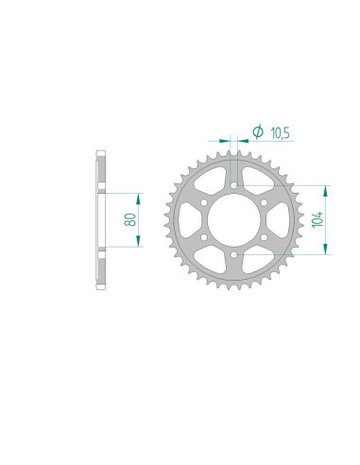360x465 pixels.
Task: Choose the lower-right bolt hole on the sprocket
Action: click(x=263, y=236)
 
